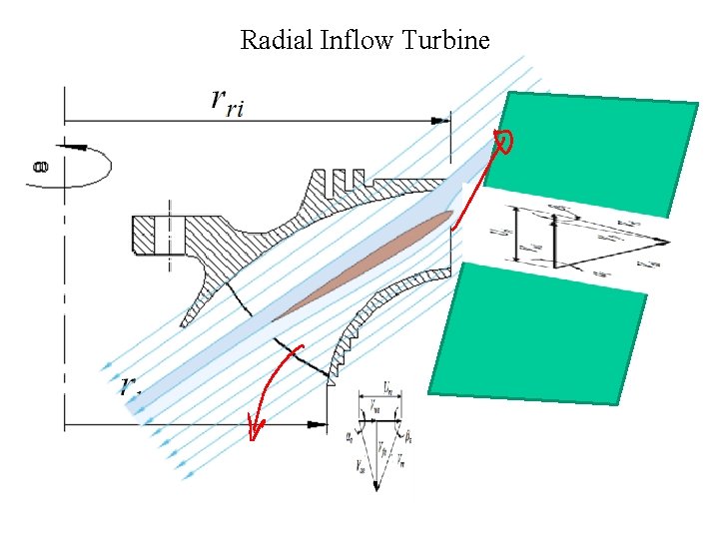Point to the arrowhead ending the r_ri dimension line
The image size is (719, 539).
click(x=439, y=120)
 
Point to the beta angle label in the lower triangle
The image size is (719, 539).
click(x=409, y=435)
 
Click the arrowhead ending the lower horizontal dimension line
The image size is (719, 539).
click(x=319, y=424)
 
